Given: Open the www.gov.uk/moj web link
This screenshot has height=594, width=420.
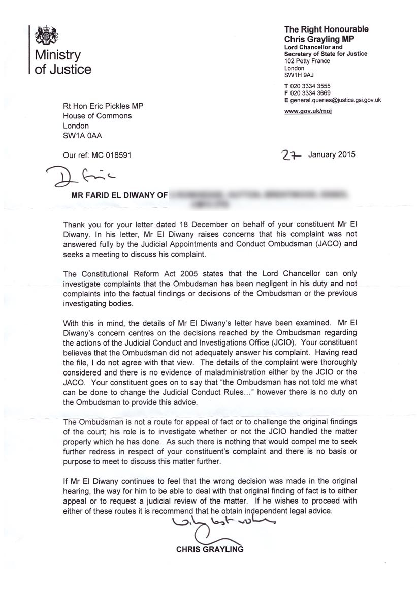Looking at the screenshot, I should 308,111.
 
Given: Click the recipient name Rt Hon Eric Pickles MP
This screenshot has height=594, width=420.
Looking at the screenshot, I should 103,106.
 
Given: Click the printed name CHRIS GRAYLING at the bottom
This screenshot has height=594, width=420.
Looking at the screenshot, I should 210,549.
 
